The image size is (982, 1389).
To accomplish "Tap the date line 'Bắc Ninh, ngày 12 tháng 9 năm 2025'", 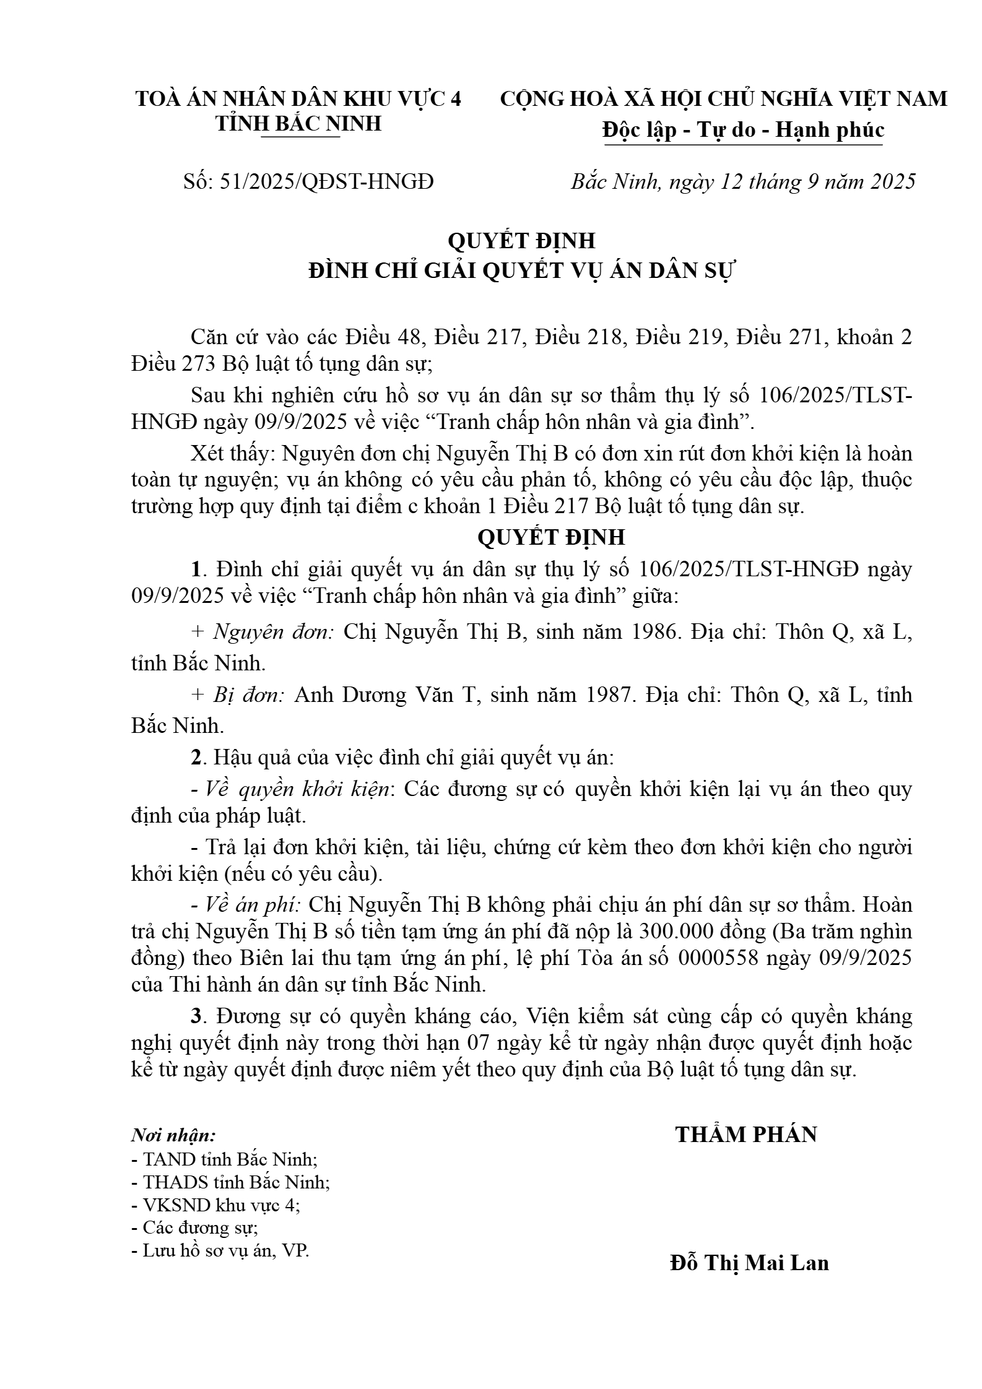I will [742, 181].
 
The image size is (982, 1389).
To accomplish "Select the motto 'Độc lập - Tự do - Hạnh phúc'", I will [743, 130].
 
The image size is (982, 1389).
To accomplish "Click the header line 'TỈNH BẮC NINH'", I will [298, 124].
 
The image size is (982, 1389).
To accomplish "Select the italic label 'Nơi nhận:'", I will [173, 1136].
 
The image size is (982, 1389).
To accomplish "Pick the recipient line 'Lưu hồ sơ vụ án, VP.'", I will [220, 1251].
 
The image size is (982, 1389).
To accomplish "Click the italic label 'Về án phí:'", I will [252, 905].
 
